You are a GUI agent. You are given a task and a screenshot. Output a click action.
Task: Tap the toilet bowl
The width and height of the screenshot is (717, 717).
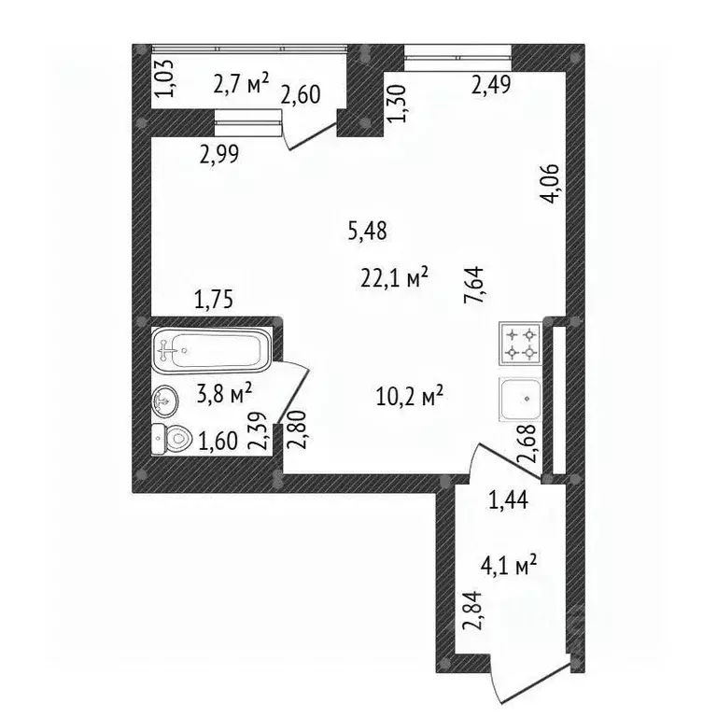[x=172, y=440]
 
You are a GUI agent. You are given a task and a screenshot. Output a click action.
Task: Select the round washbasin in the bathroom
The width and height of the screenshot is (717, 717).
[x=164, y=401]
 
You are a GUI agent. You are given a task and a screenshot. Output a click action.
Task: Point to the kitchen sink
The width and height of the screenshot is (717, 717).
[x=521, y=400]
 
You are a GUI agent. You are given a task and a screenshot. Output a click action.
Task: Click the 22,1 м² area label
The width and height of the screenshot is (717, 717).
[x=394, y=277]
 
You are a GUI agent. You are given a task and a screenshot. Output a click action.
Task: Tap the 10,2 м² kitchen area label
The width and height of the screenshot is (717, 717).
[x=410, y=396]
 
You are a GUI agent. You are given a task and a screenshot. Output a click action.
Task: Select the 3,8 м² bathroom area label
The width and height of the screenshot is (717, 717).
[x=224, y=394]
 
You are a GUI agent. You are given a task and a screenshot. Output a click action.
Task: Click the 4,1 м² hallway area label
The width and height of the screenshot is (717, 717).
[x=509, y=565]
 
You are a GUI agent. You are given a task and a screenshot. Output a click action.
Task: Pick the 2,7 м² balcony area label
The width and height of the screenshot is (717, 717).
[x=241, y=84]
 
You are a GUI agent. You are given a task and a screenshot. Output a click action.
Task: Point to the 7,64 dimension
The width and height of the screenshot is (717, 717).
[x=474, y=285]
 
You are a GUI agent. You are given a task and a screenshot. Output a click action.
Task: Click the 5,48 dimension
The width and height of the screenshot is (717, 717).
[x=368, y=231]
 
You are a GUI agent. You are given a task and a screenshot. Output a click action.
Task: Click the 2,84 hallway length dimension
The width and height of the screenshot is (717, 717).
[x=472, y=611]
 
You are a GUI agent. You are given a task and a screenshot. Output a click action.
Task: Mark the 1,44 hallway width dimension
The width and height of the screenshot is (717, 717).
[x=509, y=500]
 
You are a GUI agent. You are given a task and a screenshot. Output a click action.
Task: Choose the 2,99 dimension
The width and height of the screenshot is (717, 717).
[x=219, y=155]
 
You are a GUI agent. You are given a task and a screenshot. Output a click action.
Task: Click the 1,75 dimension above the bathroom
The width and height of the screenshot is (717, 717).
[x=214, y=300]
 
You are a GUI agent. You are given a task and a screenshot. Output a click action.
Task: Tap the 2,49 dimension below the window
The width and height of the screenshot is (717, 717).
[x=491, y=85]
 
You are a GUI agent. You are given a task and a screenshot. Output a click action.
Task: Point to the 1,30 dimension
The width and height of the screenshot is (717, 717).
[x=396, y=104]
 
